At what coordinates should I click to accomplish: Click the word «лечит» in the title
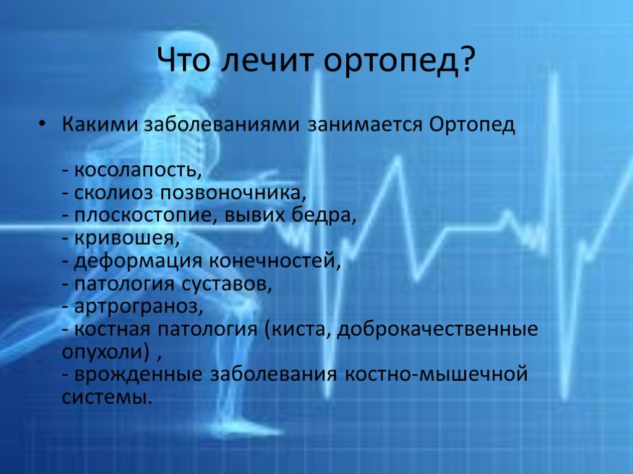268,60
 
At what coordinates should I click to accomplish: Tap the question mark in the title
465,60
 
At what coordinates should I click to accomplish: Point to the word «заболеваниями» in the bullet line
222,125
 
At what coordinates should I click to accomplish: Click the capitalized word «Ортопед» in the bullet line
472,125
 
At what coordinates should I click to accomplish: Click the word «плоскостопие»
143,216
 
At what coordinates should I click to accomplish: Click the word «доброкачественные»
437,330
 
